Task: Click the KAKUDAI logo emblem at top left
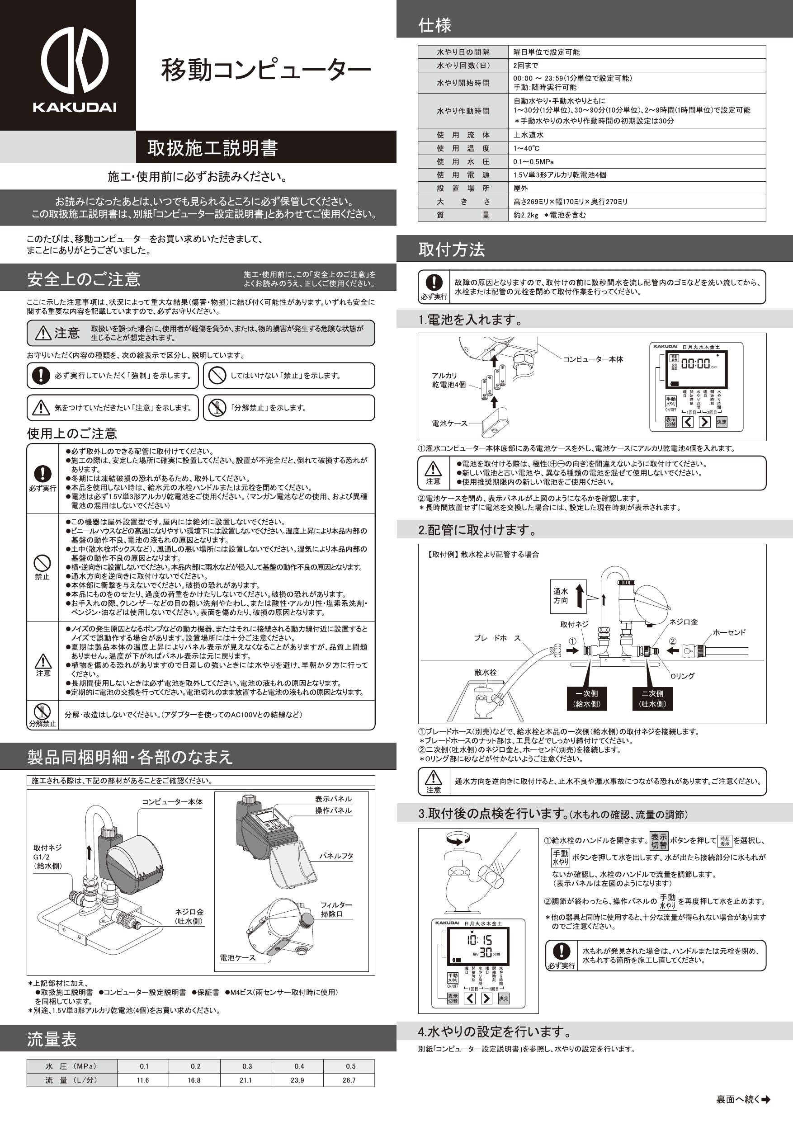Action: (74, 61)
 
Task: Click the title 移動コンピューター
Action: (266, 70)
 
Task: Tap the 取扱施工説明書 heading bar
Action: (213, 147)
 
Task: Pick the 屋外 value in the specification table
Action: (520, 188)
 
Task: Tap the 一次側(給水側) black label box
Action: (586, 699)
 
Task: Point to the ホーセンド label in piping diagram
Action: (729, 632)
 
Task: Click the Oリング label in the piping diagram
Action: (682, 676)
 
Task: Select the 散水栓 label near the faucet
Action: (486, 672)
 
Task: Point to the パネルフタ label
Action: (336, 856)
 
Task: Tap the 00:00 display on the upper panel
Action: (695, 363)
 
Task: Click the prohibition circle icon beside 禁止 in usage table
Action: (42, 563)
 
